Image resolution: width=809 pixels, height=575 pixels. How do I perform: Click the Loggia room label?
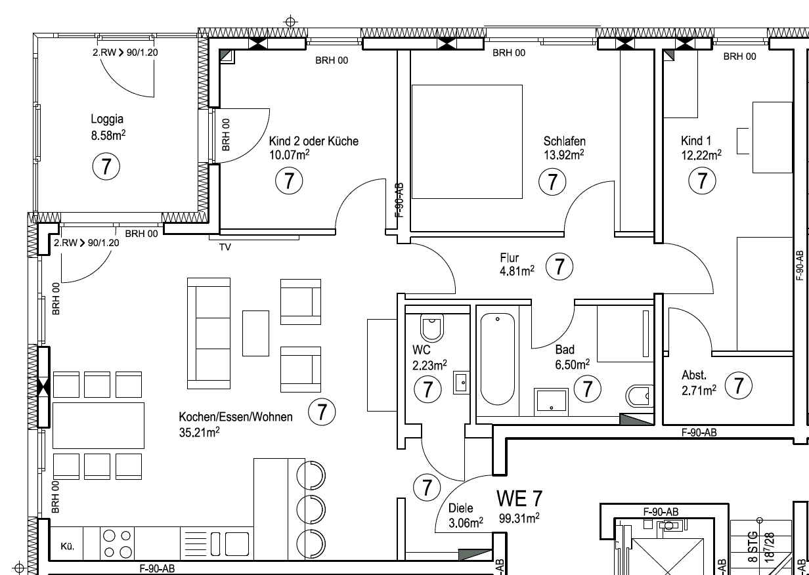[x=107, y=119]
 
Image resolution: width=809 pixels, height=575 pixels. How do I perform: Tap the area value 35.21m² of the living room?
[x=200, y=432]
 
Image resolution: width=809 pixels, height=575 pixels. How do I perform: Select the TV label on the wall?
[x=225, y=247]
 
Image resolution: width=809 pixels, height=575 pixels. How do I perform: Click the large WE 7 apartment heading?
[x=519, y=498]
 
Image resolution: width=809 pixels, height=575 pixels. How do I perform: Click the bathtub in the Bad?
[x=497, y=359]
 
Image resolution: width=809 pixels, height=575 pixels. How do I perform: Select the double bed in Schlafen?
[x=467, y=142]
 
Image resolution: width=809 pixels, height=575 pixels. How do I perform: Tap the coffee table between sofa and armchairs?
[x=255, y=333]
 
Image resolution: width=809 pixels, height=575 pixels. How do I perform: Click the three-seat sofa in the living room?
[x=209, y=333]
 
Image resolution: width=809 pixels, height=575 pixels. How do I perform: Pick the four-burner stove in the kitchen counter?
[x=118, y=543]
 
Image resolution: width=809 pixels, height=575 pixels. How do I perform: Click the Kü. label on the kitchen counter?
[x=68, y=547]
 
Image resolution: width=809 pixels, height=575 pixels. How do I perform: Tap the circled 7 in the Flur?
[x=559, y=266]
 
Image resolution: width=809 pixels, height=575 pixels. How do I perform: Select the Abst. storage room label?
[x=694, y=375]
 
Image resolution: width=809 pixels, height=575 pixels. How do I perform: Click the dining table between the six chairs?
[x=98, y=425]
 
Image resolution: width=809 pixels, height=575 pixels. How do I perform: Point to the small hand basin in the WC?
[x=461, y=383]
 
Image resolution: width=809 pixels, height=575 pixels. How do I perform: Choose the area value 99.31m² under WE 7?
[x=519, y=519]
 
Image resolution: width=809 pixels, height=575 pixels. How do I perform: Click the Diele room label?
[x=460, y=508]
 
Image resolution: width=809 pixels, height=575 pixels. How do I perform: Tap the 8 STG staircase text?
[x=753, y=547]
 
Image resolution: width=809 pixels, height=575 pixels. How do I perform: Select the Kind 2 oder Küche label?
[x=314, y=141]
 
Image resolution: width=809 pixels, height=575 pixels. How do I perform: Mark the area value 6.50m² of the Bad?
[x=573, y=364]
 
